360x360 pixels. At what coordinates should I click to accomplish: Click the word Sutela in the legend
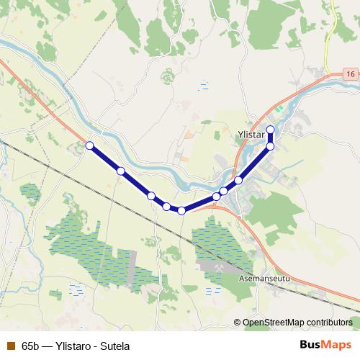point(114,346)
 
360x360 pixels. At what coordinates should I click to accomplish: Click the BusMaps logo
point(325,345)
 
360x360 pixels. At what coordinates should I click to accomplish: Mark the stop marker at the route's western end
point(89,145)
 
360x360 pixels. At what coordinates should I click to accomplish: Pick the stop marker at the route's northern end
point(271,130)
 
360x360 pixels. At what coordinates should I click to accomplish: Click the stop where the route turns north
point(271,146)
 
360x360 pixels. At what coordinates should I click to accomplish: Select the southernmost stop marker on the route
point(181,210)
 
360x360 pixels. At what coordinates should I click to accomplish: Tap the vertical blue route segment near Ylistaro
point(271,138)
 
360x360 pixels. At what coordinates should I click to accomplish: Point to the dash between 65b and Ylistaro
point(48,346)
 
